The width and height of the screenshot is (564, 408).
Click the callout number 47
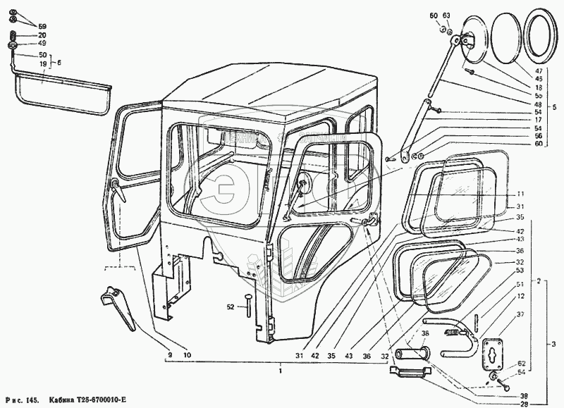point(539,72)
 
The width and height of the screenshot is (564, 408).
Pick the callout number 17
point(539,120)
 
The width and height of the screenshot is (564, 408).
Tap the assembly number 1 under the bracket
point(281,371)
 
